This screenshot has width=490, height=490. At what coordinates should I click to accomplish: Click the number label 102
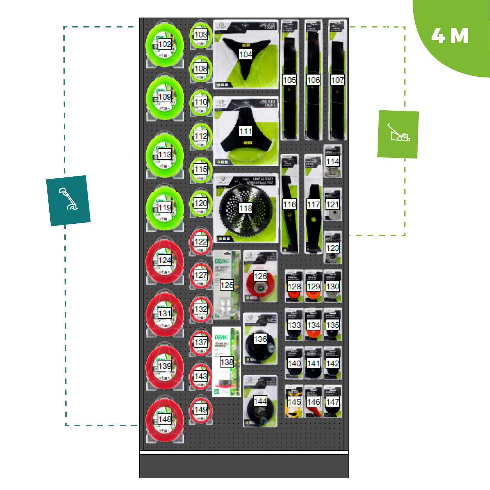(165, 44)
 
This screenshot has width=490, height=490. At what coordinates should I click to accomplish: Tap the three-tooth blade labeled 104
(246, 59)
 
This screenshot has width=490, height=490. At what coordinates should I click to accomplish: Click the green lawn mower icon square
(398, 134)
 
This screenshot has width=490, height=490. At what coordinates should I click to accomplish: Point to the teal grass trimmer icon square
(68, 200)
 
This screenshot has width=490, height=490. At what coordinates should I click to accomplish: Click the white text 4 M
(450, 36)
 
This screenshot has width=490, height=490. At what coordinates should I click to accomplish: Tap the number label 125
(227, 285)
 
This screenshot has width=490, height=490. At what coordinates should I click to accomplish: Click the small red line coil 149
(201, 410)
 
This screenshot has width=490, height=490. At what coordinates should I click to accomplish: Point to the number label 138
(227, 362)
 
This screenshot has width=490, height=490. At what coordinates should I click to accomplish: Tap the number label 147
(333, 401)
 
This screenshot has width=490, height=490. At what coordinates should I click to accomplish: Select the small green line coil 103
(201, 34)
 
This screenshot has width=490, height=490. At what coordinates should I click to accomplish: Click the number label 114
(333, 161)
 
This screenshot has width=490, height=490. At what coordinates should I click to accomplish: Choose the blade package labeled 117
(313, 209)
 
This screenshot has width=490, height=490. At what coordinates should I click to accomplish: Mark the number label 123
(333, 248)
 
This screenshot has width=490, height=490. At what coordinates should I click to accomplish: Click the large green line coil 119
(165, 208)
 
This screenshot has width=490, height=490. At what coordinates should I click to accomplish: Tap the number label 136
(260, 339)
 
